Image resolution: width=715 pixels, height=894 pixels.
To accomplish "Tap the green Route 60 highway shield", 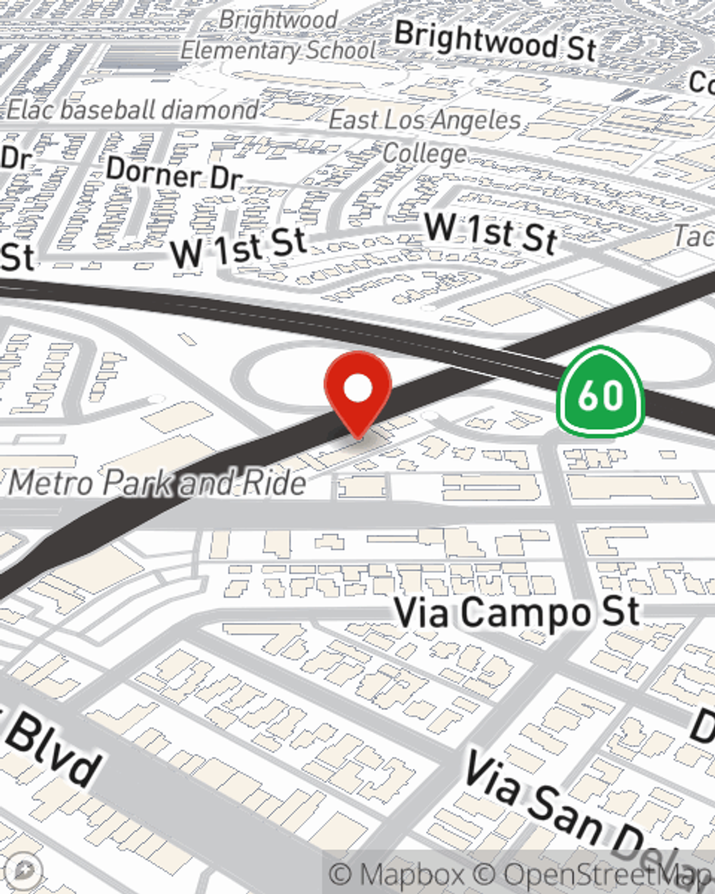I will click(601, 392).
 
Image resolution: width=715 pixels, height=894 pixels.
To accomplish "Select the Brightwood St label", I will click(495, 41).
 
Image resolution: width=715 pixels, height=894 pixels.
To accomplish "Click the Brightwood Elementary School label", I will click(278, 36).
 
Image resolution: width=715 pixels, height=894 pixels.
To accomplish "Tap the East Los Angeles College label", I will click(425, 136).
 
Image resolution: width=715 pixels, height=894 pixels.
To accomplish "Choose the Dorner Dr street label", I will click(174, 174).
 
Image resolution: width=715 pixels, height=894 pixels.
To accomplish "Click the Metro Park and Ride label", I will click(157, 483).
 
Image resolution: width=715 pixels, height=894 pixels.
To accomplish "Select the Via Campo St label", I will click(516, 612).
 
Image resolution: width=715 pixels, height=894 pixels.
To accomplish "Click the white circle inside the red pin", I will click(357, 389).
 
